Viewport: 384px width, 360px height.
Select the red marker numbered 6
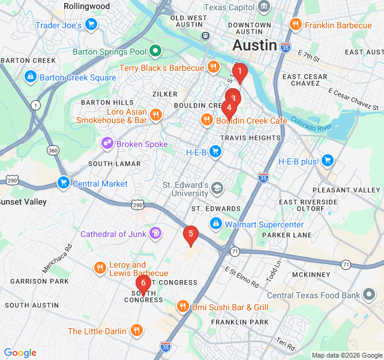143,283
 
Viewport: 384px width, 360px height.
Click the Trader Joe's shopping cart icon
91,24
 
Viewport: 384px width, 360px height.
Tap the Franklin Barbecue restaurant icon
295,25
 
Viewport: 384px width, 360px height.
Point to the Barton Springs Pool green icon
155,51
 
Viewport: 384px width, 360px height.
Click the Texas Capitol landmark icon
262,7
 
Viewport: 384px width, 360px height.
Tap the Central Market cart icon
63,182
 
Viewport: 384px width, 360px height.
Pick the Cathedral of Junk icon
155,233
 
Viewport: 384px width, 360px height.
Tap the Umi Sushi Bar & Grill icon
183,307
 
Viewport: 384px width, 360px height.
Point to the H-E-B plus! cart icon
327,160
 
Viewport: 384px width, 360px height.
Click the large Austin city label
254,46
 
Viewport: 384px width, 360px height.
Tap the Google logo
20,353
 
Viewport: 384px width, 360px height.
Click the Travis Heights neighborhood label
250,138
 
